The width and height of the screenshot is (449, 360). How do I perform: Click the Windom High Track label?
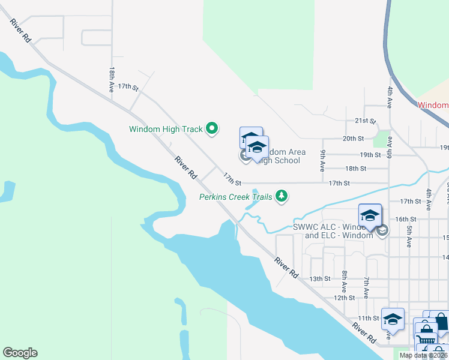(x=166, y=129)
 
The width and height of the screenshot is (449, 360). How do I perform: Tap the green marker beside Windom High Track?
(x=211, y=128)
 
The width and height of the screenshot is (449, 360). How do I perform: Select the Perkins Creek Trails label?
(x=236, y=196)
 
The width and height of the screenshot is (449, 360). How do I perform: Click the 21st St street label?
(x=364, y=121)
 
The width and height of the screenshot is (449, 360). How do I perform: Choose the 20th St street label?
(x=353, y=139)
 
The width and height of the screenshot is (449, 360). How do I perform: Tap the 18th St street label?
(x=355, y=169)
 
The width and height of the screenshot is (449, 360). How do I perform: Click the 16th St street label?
(x=406, y=220)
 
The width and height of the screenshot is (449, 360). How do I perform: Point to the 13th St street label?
(x=320, y=279)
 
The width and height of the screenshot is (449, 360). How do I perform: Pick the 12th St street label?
(x=345, y=298)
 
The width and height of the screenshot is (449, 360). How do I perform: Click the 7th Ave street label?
(x=366, y=288)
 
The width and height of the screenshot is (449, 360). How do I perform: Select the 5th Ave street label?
(x=409, y=236)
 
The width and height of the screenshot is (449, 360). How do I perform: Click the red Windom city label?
(x=433, y=105)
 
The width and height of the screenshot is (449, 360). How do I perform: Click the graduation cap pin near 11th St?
(x=393, y=320)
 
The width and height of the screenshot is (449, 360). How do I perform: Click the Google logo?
(x=20, y=353)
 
